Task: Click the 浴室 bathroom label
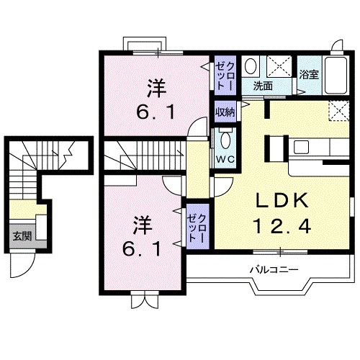point(309,73)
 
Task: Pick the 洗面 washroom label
point(262,86)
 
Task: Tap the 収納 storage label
point(225,112)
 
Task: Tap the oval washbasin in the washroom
point(251,67)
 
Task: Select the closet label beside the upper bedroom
point(225,75)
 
